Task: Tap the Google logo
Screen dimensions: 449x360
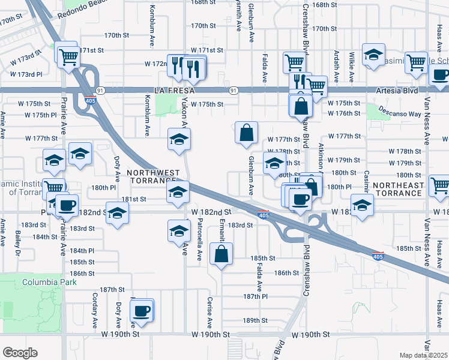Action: pos(20,352)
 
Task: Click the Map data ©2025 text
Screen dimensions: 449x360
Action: pos(424,355)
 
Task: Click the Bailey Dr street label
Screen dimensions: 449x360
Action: pos(18,245)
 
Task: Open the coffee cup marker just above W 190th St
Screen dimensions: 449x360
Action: pos(142,311)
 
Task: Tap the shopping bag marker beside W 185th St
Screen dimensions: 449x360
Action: pos(221,253)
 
